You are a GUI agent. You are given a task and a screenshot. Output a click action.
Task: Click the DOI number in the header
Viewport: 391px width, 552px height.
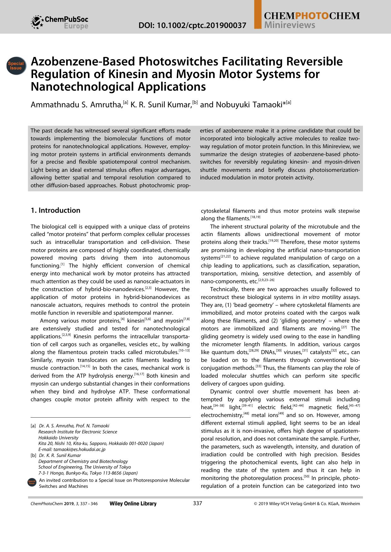point(192,25)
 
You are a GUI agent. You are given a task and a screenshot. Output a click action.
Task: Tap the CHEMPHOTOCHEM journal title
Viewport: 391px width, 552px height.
point(312,16)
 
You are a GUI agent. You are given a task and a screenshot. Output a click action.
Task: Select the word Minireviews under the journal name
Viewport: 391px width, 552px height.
point(290,25)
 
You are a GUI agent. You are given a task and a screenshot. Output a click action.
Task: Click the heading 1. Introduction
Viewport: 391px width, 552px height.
point(55,210)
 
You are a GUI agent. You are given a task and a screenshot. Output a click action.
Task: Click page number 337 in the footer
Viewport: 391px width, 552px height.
point(197,503)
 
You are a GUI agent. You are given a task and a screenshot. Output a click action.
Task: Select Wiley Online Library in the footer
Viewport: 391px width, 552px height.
point(133,504)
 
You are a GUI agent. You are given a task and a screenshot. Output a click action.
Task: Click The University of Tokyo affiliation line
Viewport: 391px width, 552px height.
point(84,467)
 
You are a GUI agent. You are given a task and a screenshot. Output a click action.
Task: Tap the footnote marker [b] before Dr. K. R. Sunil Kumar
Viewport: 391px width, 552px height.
point(33,455)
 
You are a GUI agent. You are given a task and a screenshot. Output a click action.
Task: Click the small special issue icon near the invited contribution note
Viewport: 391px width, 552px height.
point(32,483)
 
